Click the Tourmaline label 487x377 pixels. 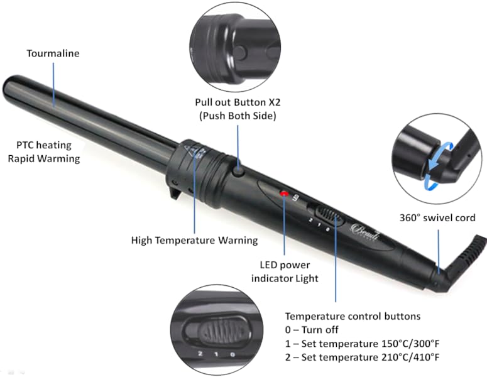(x=53, y=53)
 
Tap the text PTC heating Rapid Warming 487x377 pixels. (x=44, y=151)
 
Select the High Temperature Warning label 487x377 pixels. (x=194, y=240)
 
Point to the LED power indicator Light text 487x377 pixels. (x=285, y=272)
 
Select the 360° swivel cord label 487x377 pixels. (x=437, y=218)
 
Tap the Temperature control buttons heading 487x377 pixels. (x=353, y=316)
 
